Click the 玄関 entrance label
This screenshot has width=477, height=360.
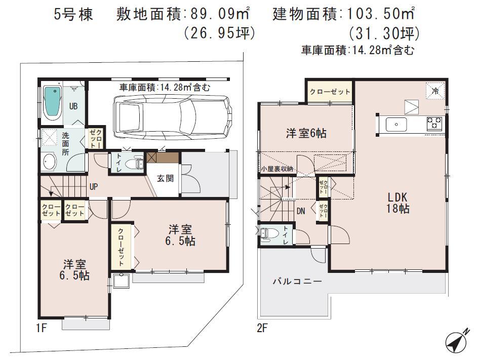[x=163, y=178]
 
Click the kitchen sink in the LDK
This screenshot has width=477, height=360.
[x=396, y=124]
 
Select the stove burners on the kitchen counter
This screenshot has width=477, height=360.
[x=434, y=123]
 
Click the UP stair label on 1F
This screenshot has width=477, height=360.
[x=94, y=186]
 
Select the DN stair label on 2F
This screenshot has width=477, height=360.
[x=301, y=211]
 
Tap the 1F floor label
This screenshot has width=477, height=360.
[x=41, y=328]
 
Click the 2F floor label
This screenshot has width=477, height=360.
[x=262, y=328]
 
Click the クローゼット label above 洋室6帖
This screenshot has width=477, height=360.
[x=330, y=92]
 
